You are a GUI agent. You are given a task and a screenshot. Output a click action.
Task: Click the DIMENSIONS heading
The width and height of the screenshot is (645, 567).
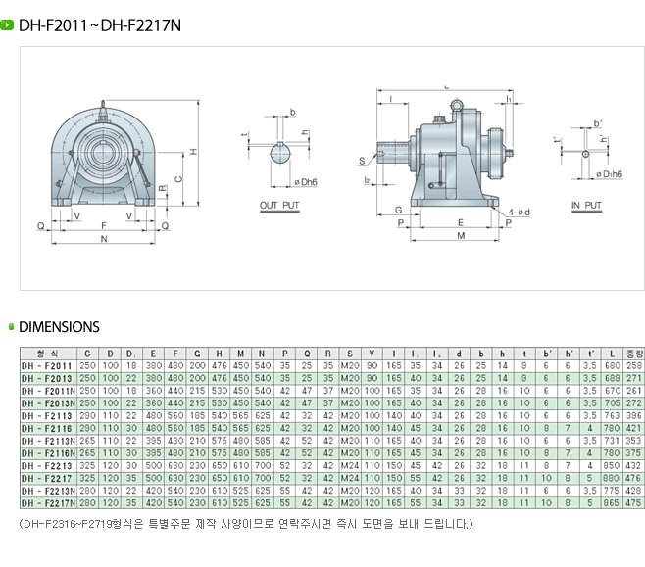point(60,327)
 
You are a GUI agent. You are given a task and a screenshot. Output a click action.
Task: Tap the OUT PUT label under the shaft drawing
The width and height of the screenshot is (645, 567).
point(279,206)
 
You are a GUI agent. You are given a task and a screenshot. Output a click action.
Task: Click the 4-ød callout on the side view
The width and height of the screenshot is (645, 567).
point(519,212)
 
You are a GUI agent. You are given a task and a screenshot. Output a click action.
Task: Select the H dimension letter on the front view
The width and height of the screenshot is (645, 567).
point(194,151)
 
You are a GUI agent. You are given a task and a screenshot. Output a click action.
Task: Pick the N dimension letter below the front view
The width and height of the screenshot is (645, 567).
point(104,238)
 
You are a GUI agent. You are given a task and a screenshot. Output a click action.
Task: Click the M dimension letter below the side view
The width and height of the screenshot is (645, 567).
point(460,236)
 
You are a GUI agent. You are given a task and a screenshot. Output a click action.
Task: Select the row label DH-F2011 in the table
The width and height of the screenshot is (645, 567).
point(46,365)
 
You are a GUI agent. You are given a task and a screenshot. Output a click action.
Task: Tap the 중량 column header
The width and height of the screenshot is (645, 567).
point(634,353)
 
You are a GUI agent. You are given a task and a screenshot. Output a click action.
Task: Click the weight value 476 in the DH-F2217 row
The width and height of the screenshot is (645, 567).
point(634,478)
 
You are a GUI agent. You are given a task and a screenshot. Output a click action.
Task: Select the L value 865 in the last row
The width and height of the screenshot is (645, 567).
point(612,502)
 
